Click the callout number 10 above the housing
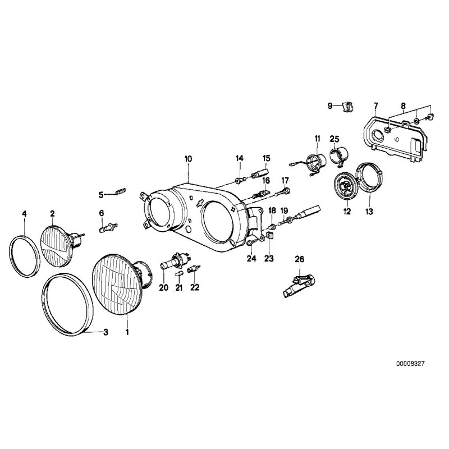[187, 159]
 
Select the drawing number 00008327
[409, 364]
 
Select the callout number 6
[102, 213]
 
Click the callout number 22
[195, 288]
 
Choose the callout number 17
[285, 180]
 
